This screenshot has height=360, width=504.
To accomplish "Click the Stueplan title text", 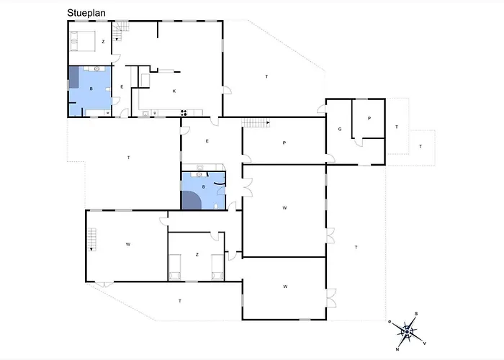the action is [86, 13].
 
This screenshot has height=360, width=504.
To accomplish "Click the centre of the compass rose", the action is [408, 331].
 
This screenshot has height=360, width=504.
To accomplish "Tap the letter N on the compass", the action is [397, 349].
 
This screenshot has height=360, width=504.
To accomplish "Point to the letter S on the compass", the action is [416, 314].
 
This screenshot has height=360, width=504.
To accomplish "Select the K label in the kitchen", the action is [174, 91].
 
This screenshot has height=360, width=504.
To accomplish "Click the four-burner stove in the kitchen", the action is [184, 112].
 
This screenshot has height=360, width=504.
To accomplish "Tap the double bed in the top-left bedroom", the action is [83, 41].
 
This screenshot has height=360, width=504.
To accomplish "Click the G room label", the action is [340, 129].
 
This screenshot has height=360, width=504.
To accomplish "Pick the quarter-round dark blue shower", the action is [191, 200].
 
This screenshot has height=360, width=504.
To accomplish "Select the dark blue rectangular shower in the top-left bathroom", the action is [74, 77].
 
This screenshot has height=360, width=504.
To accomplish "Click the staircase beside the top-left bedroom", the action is [121, 30].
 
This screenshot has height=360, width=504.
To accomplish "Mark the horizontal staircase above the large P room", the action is [256, 123].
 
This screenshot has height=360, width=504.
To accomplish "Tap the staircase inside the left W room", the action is [92, 239].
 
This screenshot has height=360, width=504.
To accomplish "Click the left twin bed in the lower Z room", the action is [175, 267].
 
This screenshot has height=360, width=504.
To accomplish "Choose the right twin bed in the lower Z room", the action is [217, 267].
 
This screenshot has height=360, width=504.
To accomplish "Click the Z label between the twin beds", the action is [197, 255].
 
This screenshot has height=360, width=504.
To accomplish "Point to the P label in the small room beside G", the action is [369, 118].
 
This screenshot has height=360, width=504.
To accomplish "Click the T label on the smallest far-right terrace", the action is [420, 146].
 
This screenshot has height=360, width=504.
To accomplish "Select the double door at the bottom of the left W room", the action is [104, 284].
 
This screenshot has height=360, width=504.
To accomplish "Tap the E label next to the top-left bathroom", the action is [122, 87].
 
